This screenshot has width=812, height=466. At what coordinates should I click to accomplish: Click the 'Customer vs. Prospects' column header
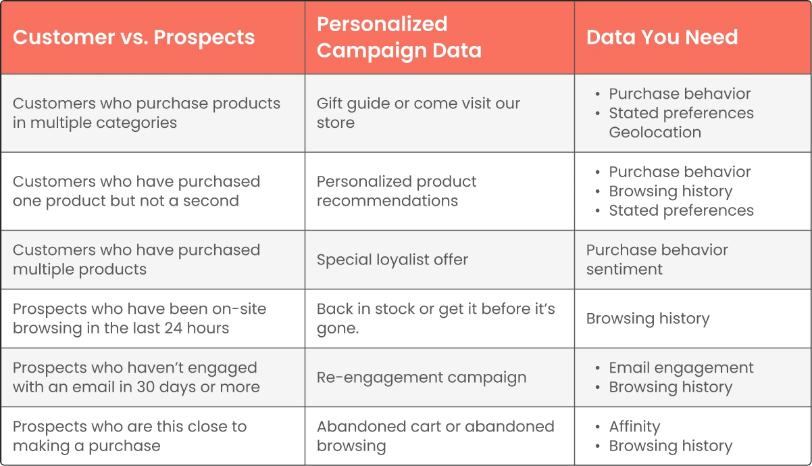click(134, 37)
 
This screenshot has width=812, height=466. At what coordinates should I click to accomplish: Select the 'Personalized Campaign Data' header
click(399, 37)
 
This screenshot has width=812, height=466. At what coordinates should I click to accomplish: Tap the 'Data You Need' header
click(662, 37)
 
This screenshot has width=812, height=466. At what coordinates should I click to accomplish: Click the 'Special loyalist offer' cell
click(392, 260)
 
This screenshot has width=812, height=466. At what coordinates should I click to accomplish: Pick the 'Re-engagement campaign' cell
click(422, 378)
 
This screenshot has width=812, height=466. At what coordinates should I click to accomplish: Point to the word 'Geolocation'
click(655, 132)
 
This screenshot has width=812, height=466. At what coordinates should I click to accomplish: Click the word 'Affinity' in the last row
click(634, 427)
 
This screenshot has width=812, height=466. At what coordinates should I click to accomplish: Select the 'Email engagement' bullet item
click(681, 368)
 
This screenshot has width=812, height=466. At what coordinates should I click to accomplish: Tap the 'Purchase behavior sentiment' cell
click(657, 260)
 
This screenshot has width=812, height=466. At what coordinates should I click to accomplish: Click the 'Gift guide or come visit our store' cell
click(418, 113)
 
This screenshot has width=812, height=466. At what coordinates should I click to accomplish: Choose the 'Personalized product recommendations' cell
click(397, 191)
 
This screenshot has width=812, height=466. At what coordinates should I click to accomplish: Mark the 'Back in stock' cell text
click(436, 319)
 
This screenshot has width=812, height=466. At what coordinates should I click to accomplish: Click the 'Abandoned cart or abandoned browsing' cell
click(435, 436)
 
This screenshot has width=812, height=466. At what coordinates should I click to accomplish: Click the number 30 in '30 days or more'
click(146, 387)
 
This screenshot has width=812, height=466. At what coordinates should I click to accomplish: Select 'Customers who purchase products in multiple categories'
click(147, 113)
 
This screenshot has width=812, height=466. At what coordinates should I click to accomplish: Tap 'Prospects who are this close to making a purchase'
click(130, 436)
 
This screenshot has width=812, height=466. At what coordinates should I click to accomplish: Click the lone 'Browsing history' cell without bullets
click(648, 319)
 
